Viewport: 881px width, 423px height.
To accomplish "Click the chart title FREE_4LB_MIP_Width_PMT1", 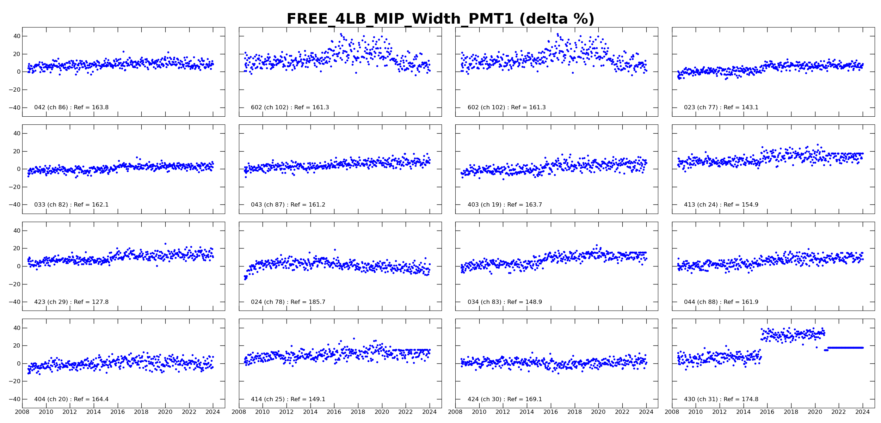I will (x=440, y=19).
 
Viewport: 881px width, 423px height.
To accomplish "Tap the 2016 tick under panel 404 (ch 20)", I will (x=117, y=412).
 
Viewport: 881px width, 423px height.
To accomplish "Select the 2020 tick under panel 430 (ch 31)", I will (x=815, y=412).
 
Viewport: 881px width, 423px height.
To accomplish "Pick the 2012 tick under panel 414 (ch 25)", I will (x=286, y=412).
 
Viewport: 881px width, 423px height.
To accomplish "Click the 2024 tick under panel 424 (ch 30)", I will (x=646, y=412).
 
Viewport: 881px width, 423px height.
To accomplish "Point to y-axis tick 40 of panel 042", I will (x=17, y=36).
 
